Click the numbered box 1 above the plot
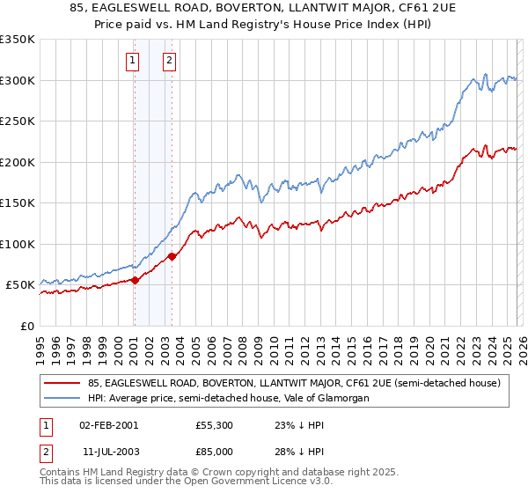132,61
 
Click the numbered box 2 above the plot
169,61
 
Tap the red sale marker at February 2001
135,280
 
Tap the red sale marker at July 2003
172,256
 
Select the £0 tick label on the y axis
28,327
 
